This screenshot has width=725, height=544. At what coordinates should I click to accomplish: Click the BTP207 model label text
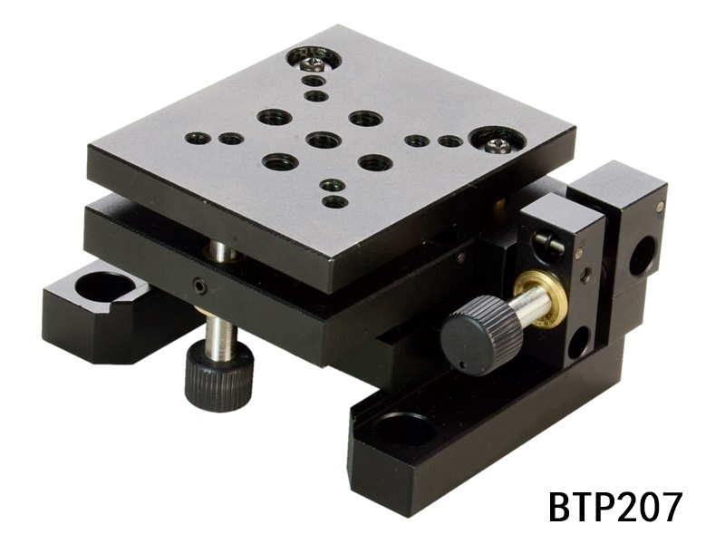point(614,507)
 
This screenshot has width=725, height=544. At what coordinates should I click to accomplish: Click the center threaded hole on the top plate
point(323,140)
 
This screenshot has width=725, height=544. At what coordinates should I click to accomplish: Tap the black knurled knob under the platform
point(219,375)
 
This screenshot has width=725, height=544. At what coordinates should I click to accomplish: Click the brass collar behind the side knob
point(541,299)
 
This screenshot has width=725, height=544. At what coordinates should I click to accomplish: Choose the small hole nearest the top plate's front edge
point(335,201)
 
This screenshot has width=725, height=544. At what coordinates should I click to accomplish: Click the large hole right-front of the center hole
point(374,163)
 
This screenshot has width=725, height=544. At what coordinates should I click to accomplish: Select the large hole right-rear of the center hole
point(364,119)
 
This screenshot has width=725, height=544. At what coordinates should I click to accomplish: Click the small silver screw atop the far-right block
point(659,207)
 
